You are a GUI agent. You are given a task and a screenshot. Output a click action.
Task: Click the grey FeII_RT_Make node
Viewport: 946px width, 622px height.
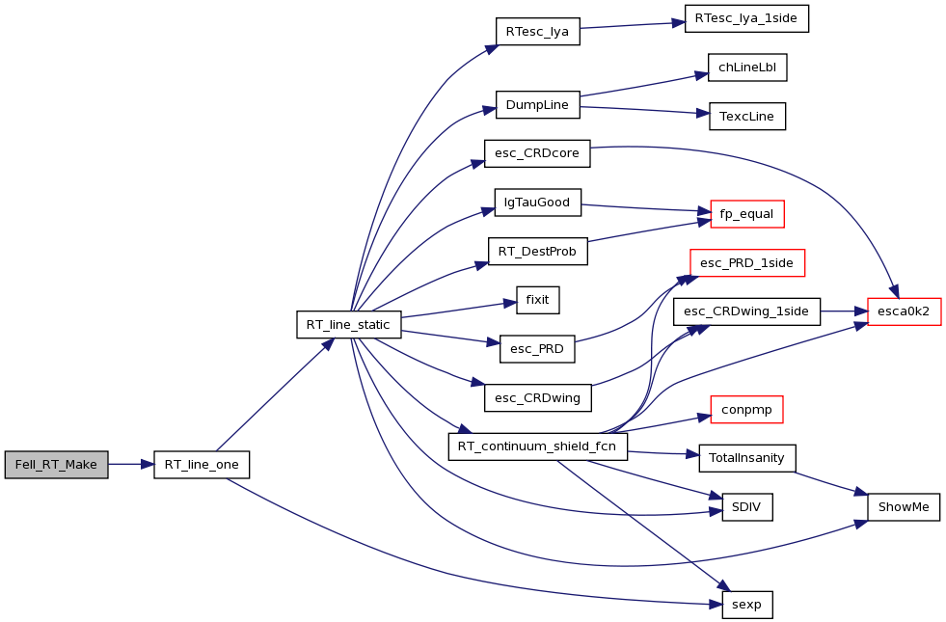coord(56,465)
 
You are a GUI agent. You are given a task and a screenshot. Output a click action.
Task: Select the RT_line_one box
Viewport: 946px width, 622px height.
coord(202,465)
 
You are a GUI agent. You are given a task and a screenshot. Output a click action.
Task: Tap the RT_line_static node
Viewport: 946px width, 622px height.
coord(349,325)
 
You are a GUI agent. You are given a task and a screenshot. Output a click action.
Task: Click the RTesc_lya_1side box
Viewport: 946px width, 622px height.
coord(746,18)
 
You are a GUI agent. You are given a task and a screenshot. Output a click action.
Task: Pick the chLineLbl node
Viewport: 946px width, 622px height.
coord(747,68)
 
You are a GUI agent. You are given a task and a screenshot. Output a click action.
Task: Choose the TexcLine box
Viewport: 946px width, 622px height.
coord(747,117)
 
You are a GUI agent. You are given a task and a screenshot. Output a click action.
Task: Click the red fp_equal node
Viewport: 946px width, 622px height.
coord(747,214)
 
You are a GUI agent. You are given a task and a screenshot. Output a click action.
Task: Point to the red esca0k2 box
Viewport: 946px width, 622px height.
coord(904,311)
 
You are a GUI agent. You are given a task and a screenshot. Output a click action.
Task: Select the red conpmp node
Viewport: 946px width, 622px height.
coord(747,410)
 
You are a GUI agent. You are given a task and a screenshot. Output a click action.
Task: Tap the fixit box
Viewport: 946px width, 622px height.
coord(537,300)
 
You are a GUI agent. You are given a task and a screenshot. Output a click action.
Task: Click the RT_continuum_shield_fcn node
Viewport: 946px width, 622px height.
coord(537,446)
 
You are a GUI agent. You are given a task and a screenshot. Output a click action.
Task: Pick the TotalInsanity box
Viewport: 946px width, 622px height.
coord(747,458)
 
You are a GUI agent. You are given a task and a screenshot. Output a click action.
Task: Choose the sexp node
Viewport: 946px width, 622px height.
coord(747,605)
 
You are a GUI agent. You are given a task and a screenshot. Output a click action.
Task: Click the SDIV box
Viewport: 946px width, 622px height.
coord(747,507)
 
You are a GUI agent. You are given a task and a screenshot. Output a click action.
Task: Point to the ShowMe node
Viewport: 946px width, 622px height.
coord(904,507)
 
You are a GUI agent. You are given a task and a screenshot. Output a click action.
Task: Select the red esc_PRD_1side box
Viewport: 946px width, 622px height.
coord(747,263)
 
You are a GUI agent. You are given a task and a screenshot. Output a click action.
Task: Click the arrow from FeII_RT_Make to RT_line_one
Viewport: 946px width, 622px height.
coord(131,465)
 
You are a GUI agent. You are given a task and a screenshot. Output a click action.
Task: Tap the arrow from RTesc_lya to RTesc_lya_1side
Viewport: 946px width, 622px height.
coord(633,25)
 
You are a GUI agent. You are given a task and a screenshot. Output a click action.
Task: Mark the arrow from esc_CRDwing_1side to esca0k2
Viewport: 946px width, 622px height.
coord(844,311)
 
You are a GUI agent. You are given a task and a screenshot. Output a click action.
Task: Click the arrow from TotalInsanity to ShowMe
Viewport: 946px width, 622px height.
coord(831,483)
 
